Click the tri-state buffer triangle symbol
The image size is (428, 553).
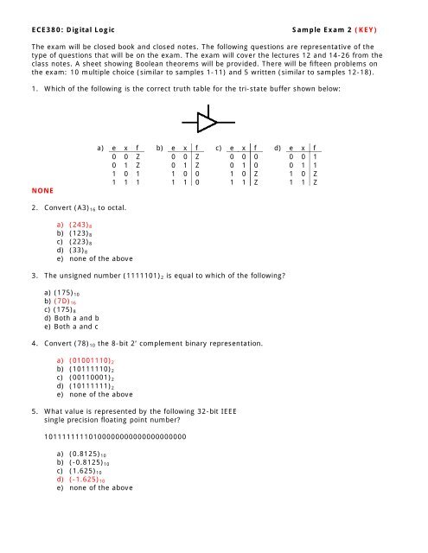point(205,120)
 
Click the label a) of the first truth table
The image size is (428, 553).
point(100,147)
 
